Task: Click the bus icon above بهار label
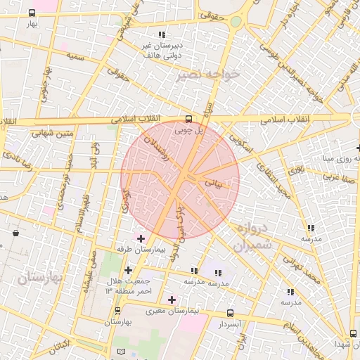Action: tap(32, 13)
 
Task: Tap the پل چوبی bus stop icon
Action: tap(187, 119)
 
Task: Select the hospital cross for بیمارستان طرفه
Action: tap(141, 238)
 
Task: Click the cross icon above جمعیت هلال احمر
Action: tap(128, 269)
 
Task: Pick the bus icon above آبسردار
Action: tap(230, 314)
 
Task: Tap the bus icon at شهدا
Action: tap(353, 333)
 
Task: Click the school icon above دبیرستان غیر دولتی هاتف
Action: tap(162, 34)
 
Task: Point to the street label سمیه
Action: tap(75, 56)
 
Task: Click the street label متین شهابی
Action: tap(51, 132)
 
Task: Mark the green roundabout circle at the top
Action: tap(236, 22)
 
